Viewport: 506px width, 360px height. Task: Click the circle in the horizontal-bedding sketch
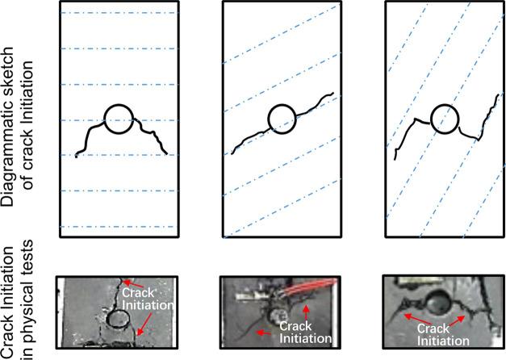pyautogui.click(x=105, y=119)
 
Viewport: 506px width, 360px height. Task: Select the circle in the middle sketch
pyautogui.click(x=268, y=119)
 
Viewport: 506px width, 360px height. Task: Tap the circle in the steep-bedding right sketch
pyautogui.click(x=432, y=119)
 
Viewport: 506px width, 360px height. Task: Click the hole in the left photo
pyautogui.click(x=107, y=318)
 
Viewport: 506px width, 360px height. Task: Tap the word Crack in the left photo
pyautogui.click(x=139, y=293)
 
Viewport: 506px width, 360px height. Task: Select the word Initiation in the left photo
pyautogui.click(x=148, y=305)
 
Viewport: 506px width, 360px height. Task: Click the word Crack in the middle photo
pyautogui.click(x=295, y=326)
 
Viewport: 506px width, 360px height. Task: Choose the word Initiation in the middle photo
pyautogui.click(x=305, y=338)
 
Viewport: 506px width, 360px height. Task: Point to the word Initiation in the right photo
pyautogui.click(x=443, y=341)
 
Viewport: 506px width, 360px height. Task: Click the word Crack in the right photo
pyautogui.click(x=433, y=329)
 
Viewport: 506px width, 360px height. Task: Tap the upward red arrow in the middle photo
pyautogui.click(x=306, y=312)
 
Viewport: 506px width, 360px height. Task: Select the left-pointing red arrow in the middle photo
pyautogui.click(x=263, y=332)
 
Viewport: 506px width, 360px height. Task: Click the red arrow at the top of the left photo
pyautogui.click(x=134, y=284)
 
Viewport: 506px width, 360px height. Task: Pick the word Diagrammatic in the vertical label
pyautogui.click(x=8, y=127)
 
